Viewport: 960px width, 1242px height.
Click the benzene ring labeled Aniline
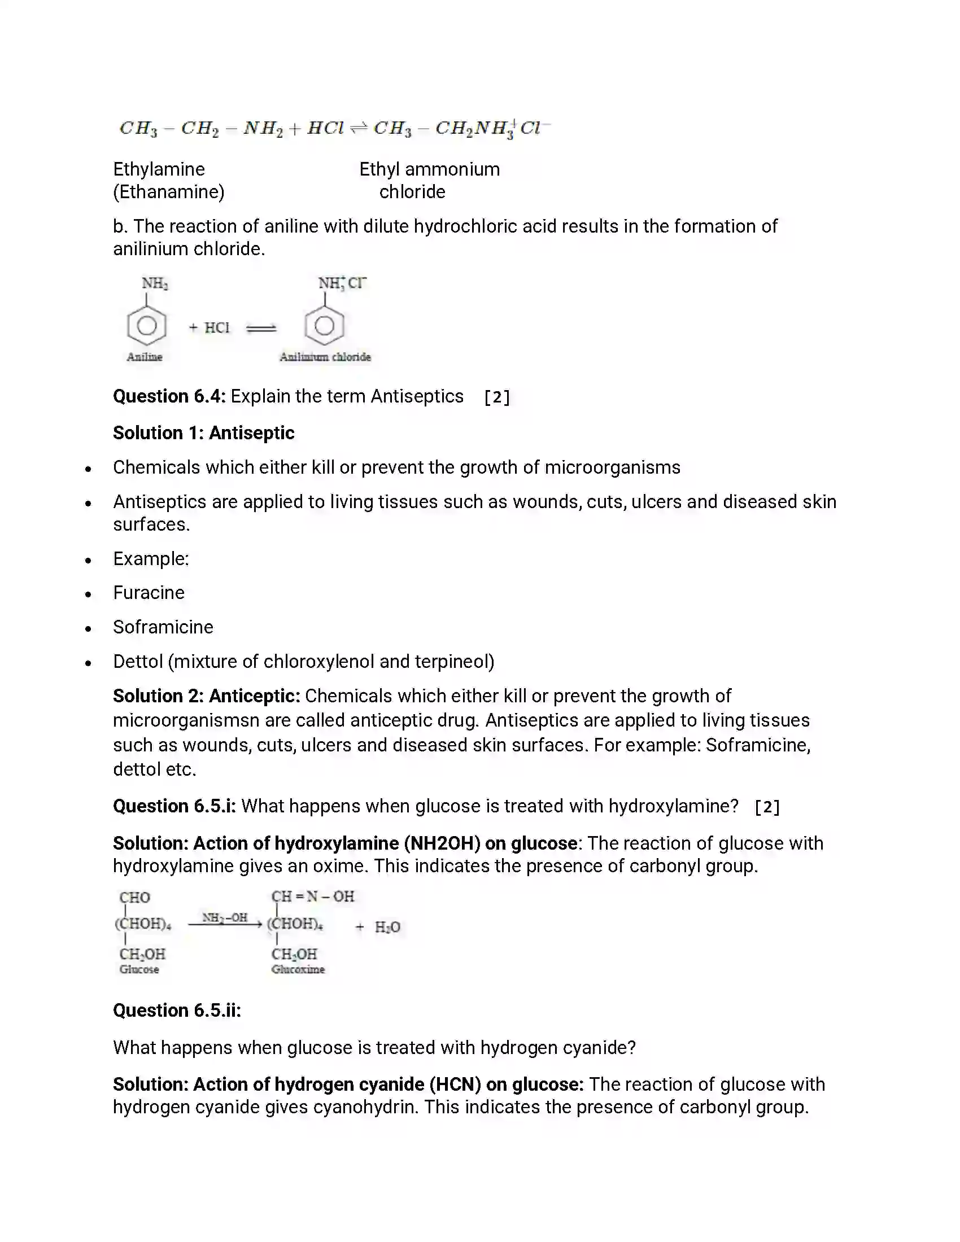coord(147,326)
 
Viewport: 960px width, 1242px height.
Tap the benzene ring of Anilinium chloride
coord(324,326)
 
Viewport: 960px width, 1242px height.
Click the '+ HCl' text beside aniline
coord(210,327)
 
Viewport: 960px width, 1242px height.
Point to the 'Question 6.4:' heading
coord(169,396)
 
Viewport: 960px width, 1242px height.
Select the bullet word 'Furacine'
coord(149,593)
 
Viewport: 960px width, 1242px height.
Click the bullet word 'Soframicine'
coord(163,627)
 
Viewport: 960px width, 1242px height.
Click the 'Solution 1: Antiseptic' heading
coord(204,434)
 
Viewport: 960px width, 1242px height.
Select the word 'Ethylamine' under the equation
coord(159,169)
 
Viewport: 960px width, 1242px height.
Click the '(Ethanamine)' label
coord(169,192)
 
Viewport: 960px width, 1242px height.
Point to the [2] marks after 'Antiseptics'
coord(497,397)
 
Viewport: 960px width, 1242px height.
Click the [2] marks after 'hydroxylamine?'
coord(767,807)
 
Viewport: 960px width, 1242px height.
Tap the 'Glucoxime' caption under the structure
coord(298,969)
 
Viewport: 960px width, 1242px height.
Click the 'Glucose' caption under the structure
coord(139,969)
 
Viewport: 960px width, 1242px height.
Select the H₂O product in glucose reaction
coord(387,928)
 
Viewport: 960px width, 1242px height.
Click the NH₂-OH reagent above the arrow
coord(225,917)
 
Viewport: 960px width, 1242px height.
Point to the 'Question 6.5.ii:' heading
coord(177,1011)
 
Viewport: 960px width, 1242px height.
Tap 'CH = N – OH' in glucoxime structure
coord(313,897)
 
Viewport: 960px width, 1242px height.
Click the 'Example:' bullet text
coord(151,559)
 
